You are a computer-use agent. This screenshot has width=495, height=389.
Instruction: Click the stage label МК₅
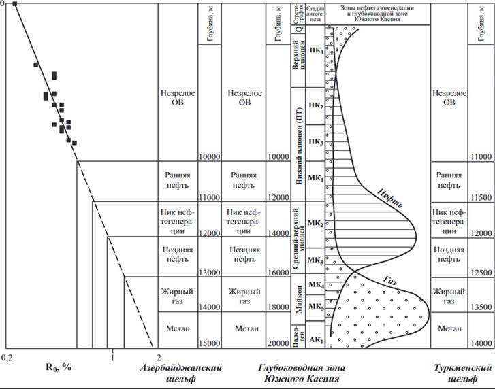click(x=315, y=306)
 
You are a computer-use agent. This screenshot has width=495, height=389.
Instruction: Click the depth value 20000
click(x=277, y=343)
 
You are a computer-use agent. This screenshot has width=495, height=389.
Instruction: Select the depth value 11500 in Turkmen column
click(x=481, y=197)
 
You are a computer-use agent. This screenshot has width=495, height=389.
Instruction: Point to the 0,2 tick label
click(x=8, y=356)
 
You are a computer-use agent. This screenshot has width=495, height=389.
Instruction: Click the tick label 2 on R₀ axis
click(x=159, y=356)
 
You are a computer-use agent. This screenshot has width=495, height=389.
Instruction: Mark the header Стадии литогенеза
click(x=315, y=14)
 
